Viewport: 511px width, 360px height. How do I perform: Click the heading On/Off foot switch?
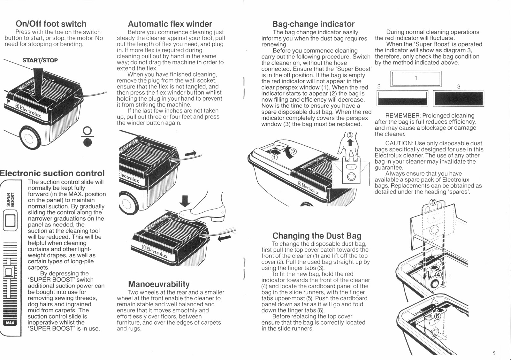tap(51, 24)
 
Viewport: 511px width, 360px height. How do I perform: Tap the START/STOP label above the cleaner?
tap(40, 60)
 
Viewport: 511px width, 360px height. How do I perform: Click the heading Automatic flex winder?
tap(170, 24)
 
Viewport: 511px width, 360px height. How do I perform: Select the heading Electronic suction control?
tap(52, 173)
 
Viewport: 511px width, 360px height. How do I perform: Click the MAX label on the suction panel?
tap(10, 323)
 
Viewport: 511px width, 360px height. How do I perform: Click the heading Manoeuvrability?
tap(159, 284)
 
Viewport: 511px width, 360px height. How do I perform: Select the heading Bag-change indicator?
tap(313, 24)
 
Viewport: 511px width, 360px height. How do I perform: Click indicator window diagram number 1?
tap(416, 78)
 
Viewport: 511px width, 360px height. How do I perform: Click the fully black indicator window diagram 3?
tap(459, 98)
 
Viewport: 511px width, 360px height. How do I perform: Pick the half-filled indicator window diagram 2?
tap(402, 98)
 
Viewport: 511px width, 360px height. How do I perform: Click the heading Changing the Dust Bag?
tap(317, 236)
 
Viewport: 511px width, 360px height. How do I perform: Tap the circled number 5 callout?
tap(433, 202)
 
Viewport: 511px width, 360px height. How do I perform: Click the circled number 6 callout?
tap(437, 316)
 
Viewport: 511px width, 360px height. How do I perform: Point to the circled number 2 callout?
tap(294, 151)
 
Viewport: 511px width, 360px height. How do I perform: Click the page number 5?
tap(494, 353)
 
